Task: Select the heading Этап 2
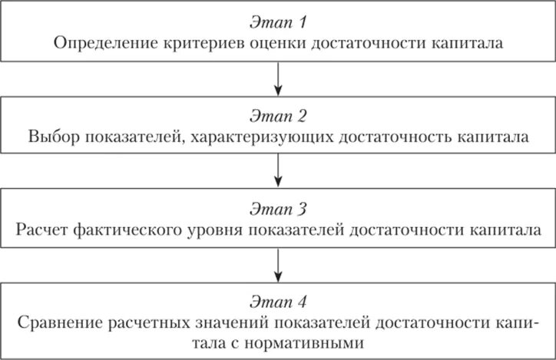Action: point(278,117)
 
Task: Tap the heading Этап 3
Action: point(278,210)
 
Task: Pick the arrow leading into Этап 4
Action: point(278,266)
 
